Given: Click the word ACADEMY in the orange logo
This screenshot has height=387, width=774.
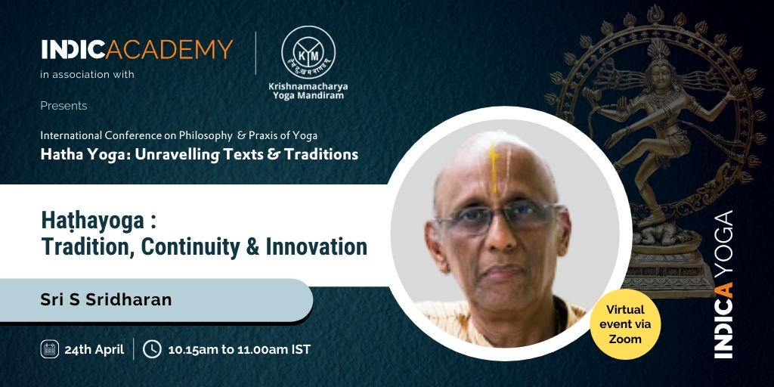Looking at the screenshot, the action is point(169,50).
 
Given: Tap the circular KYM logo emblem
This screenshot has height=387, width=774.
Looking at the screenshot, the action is point(308,52).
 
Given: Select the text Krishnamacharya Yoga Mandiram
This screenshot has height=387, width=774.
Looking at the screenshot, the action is point(308,91).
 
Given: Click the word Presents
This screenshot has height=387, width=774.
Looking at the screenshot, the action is point(63,106).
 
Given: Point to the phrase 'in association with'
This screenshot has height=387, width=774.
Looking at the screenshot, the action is point(88,75).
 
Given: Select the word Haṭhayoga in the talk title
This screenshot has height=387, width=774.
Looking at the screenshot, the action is point(91,222).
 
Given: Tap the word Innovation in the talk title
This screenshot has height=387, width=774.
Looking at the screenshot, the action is point(317,247).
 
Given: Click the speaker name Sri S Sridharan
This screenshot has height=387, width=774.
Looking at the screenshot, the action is point(106,299).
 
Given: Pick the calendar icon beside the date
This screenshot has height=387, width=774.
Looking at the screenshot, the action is point(50,349).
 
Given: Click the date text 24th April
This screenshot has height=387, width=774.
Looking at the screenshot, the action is point(94,349).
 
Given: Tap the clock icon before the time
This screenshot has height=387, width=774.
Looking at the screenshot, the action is point(152,349).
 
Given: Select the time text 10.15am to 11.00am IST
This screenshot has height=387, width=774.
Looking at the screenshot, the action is point(240,349).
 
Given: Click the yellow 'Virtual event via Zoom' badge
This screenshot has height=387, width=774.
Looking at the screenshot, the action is point(625,324).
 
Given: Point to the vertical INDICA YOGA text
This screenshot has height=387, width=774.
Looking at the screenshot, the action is point(723,284).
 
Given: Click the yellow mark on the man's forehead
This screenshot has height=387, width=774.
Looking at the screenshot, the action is point(494,169).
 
